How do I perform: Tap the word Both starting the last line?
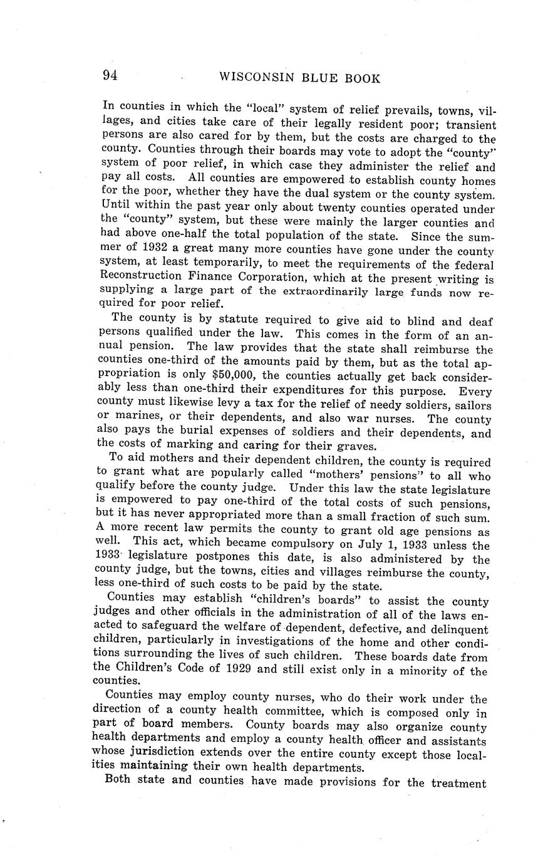click(x=118, y=781)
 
